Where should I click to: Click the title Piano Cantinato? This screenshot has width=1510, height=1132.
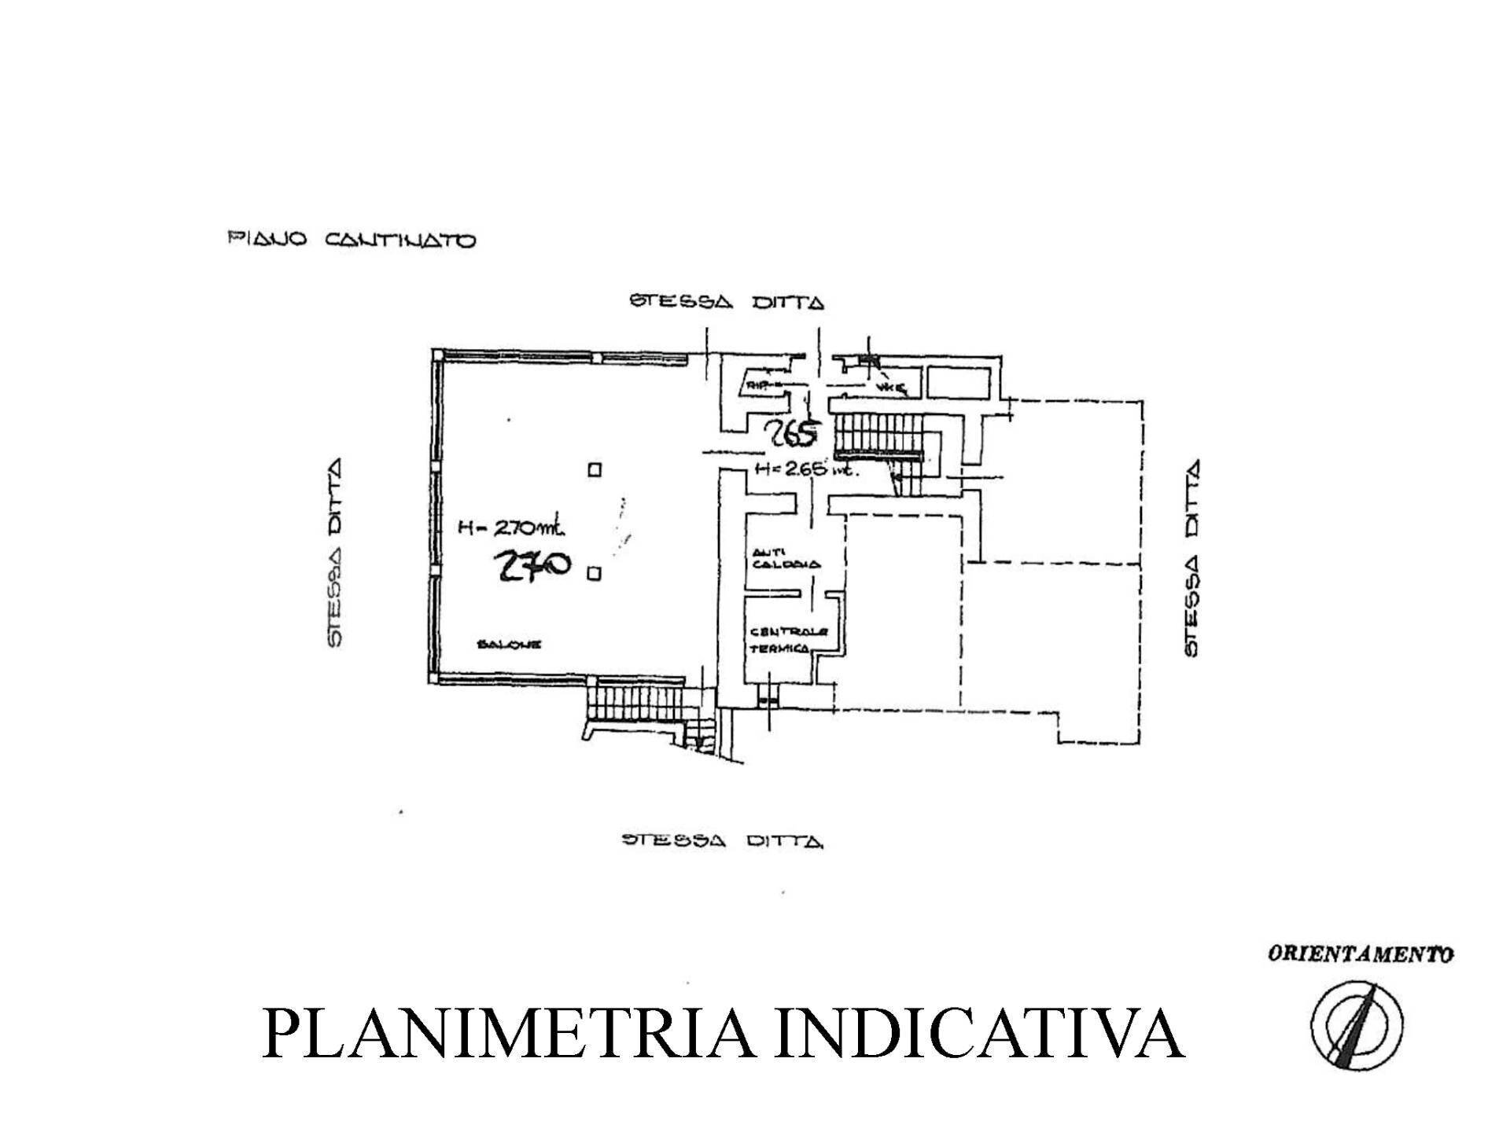click(352, 240)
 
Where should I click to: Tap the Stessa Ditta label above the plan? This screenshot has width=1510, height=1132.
click(727, 302)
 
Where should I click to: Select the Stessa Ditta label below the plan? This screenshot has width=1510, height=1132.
click(723, 841)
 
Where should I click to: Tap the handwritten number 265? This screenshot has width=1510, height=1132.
click(794, 432)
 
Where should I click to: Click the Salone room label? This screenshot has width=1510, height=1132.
click(509, 645)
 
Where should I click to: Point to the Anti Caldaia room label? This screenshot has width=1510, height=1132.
click(784, 558)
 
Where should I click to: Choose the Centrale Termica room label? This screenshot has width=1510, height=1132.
click(779, 639)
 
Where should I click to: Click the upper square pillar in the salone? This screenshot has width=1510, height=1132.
click(595, 470)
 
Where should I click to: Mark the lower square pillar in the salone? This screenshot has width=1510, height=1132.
click(595, 574)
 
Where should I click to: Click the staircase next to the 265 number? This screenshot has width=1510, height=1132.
click(877, 437)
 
